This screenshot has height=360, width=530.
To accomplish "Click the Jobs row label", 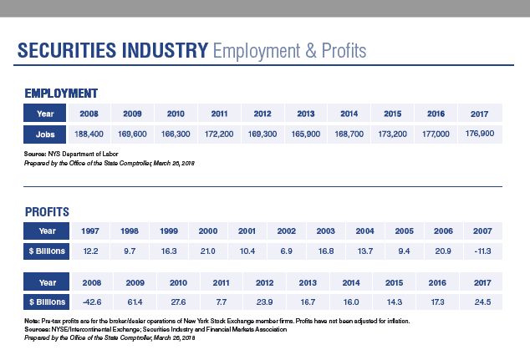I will tap(45, 133).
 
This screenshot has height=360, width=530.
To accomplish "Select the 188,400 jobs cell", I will tap(89, 133).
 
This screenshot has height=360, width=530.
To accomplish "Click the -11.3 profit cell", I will tap(482, 251).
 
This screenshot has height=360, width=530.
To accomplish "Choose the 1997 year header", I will tap(90, 230).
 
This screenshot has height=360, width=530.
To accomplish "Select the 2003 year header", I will tap(325, 230).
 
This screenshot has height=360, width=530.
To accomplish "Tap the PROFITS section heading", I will tap(47, 211).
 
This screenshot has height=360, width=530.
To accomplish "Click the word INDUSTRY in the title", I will tap(156, 52).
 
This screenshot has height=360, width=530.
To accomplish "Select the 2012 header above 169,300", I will tap(262, 112).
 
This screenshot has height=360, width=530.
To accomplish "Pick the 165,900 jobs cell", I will tap(306, 133).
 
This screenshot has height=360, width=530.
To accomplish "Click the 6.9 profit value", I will tap(286, 251).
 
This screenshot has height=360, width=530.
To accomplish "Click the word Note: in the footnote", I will tap(32, 322).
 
